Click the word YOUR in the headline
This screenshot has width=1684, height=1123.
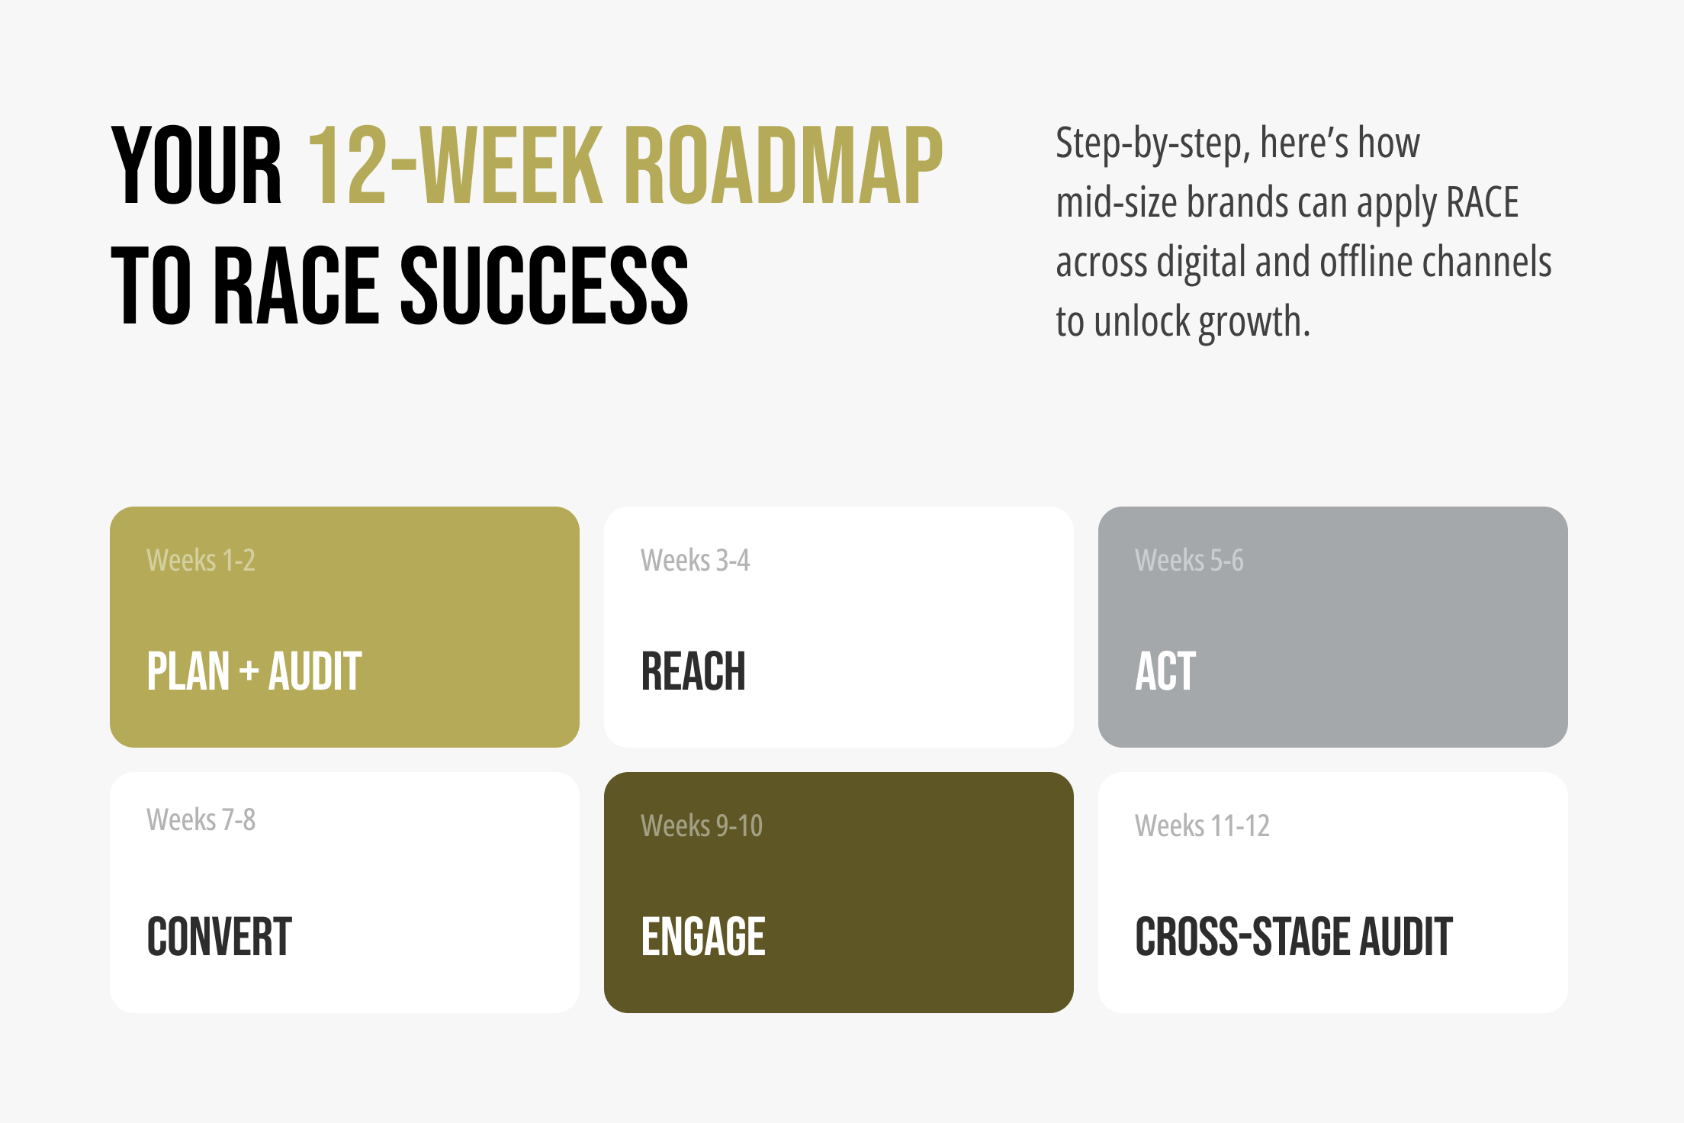[197, 166]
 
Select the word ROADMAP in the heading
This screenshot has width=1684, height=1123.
[783, 166]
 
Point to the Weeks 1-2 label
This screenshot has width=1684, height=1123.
[201, 560]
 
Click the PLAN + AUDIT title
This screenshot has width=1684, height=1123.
[254, 671]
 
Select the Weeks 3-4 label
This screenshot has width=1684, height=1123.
[695, 560]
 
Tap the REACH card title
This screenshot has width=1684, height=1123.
[693, 671]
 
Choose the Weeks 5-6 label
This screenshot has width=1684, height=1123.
[1189, 560]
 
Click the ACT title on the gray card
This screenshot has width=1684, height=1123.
[1165, 671]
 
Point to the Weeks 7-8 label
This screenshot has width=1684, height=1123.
[201, 819]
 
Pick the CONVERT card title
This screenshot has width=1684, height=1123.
[220, 937]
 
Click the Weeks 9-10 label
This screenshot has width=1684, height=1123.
[702, 825]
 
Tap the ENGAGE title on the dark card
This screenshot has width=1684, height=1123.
[703, 937]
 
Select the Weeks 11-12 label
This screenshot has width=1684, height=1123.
[1202, 825]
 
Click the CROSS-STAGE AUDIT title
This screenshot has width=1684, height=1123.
[1294, 937]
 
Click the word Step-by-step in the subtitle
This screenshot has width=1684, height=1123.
[1152, 143]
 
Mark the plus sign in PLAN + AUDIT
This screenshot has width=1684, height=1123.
[249, 672]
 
